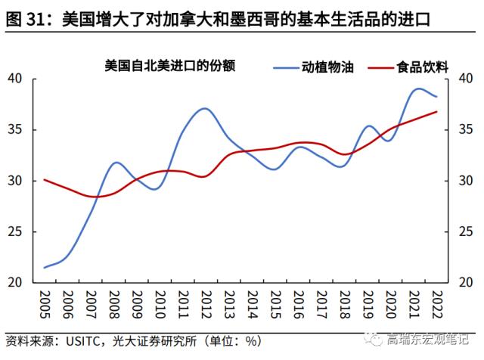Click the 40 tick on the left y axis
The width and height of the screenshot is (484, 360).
point(17,79)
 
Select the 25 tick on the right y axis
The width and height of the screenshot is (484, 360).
point(465,231)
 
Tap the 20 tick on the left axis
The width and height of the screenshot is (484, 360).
point(17,282)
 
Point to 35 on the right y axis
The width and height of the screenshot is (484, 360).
point(465,130)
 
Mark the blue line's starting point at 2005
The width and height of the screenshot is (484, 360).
point(45,267)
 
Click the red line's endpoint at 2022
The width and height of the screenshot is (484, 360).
point(436,112)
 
